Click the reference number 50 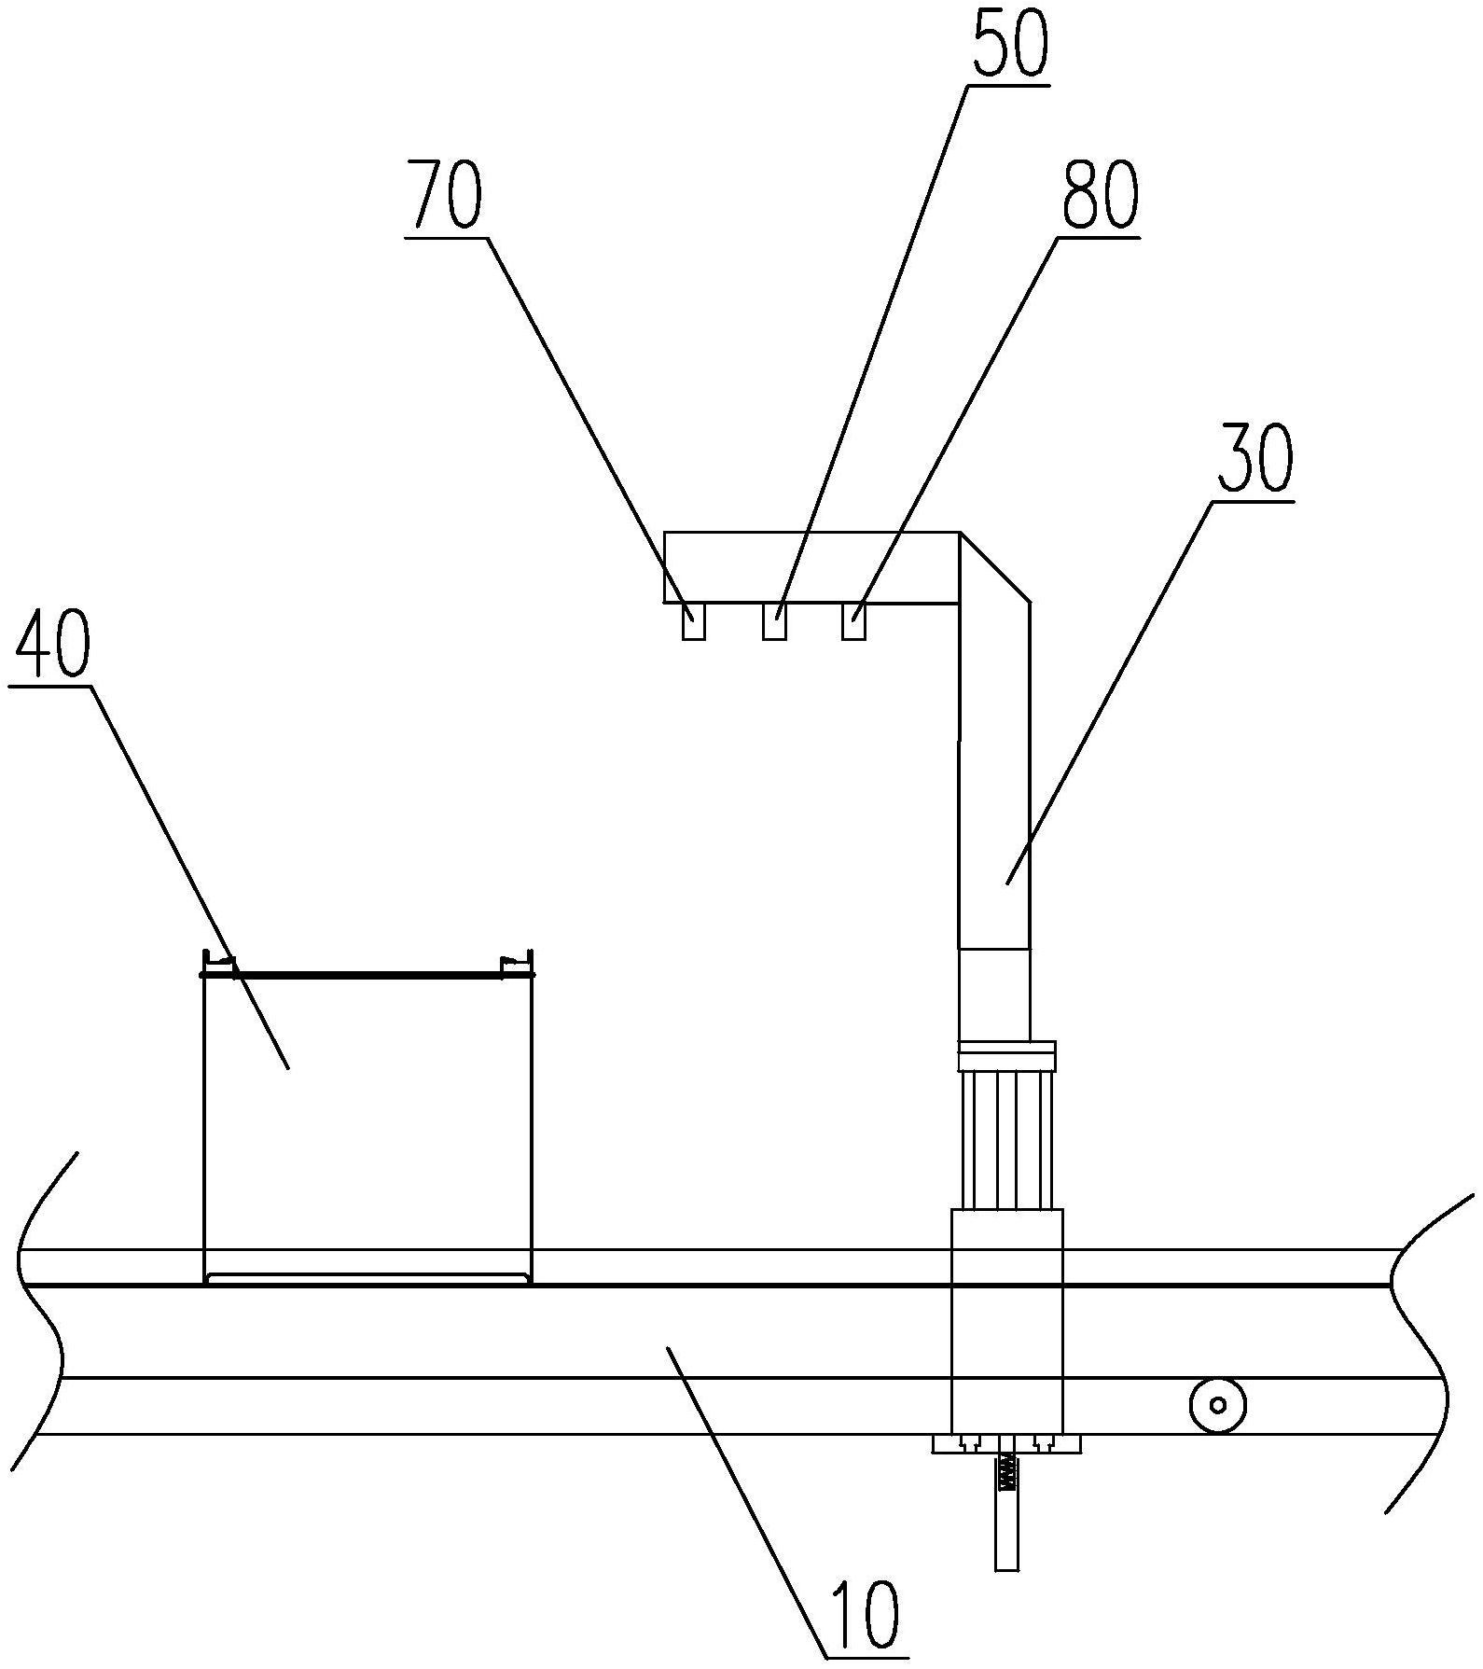point(1010,43)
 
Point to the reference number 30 point(1254,459)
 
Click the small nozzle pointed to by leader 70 point(693,621)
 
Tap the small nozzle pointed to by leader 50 point(774,621)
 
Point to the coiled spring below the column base point(1006,1475)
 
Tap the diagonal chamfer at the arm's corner point(995,565)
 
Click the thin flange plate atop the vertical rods point(1006,1057)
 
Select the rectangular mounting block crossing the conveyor point(1006,1321)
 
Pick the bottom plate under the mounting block point(1006,1444)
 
